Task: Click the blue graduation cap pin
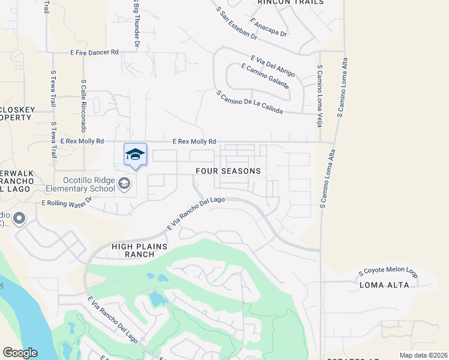click(135, 155)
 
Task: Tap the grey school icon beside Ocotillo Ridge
click(125, 184)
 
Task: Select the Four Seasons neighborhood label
click(228, 171)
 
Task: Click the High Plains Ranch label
click(133, 250)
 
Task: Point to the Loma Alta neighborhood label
click(384, 285)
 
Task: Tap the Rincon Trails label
click(290, 2)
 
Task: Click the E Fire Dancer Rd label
click(94, 53)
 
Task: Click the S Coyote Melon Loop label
click(388, 272)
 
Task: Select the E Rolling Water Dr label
click(66, 202)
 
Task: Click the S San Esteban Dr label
click(237, 23)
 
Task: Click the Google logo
click(20, 353)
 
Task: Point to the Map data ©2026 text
click(423, 355)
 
